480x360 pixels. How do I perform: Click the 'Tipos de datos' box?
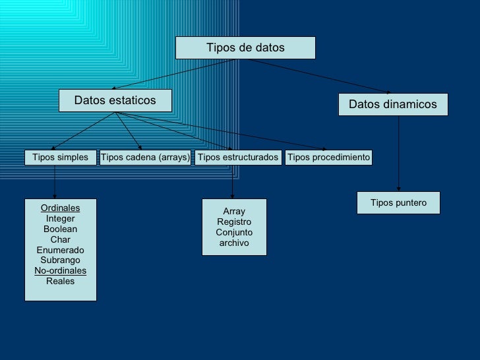[x=245, y=47]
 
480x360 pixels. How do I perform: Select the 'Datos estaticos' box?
[x=115, y=100]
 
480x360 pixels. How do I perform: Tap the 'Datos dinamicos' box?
[x=393, y=104]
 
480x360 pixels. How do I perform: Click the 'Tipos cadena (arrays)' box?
[x=145, y=158]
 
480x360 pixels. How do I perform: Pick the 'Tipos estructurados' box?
[x=238, y=158]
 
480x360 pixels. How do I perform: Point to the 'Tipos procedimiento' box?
[x=329, y=158]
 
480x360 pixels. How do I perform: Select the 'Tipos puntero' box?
[x=398, y=203]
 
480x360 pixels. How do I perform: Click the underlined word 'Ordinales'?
[x=60, y=208]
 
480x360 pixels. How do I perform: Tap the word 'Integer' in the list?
[x=60, y=219]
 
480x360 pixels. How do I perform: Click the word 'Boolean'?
[x=60, y=229]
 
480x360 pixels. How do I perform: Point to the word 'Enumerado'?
[x=60, y=251]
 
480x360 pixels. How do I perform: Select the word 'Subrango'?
[x=60, y=260]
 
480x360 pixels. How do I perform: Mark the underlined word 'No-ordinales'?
[x=60, y=271]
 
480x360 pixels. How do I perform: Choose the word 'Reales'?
[x=60, y=282]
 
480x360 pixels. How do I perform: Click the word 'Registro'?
[x=234, y=222]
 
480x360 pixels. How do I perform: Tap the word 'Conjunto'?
[x=234, y=233]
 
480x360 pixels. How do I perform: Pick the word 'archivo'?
[x=234, y=243]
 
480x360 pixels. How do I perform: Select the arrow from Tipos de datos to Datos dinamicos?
[x=320, y=76]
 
